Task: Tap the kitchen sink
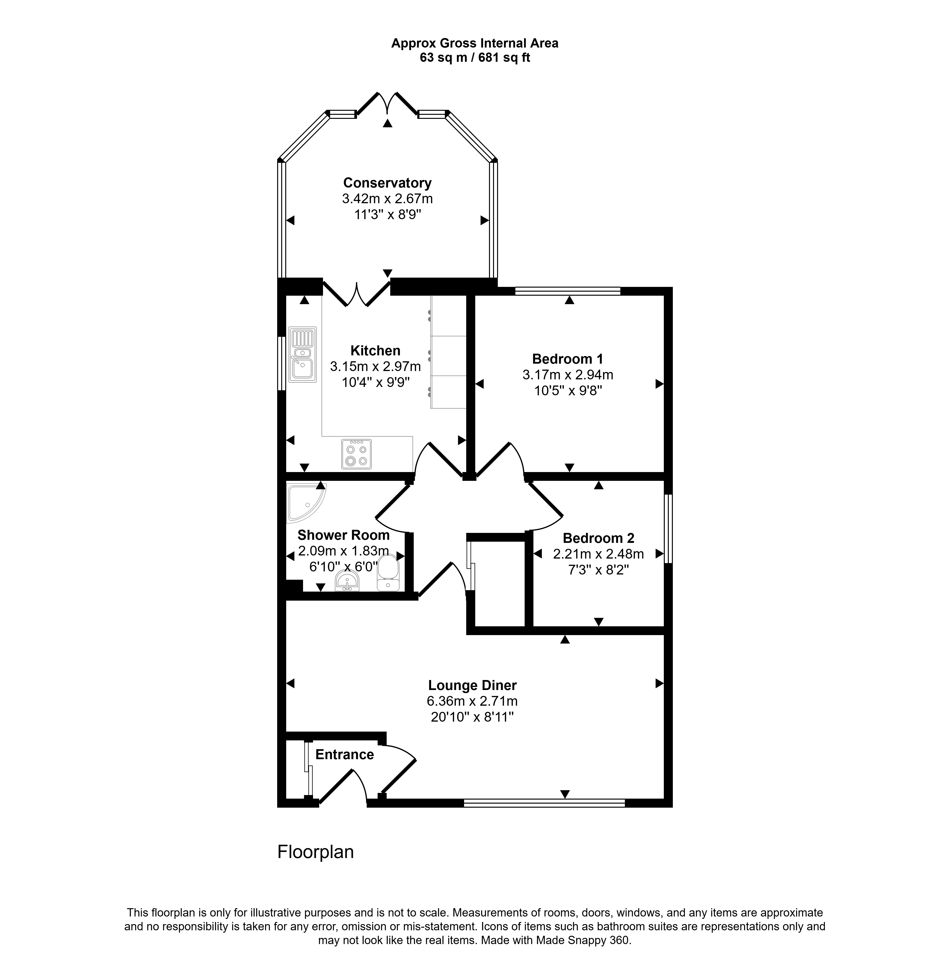302,354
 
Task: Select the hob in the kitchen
356,454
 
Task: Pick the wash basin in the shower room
347,581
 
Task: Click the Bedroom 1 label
568,359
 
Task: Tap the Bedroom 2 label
599,538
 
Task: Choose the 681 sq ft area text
504,58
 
